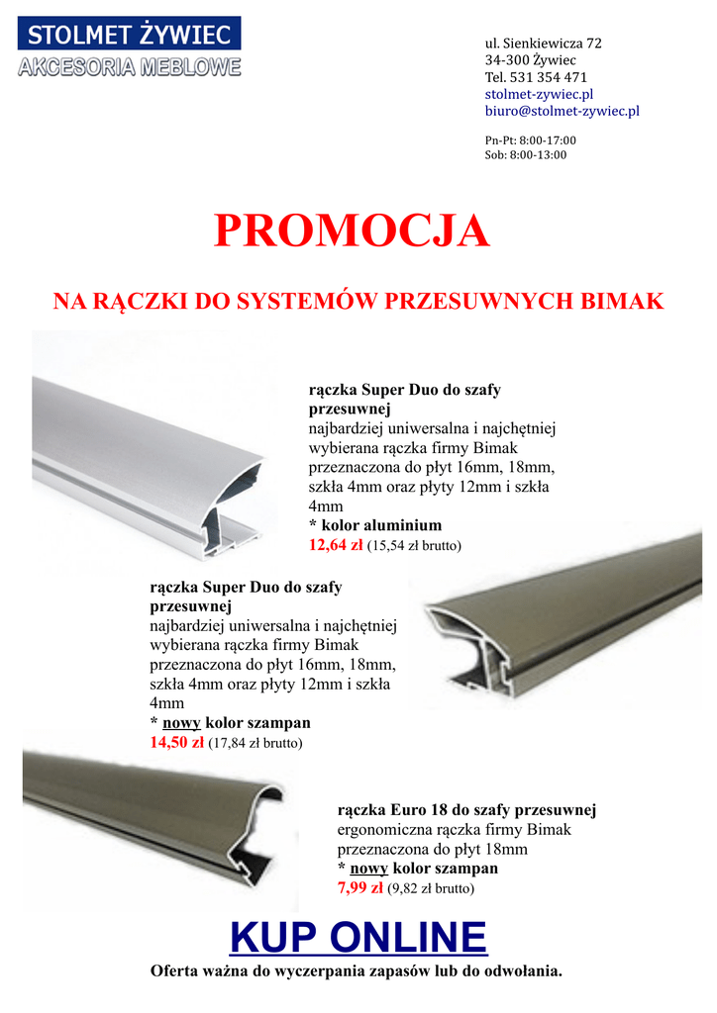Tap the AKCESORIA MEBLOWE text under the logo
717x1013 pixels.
pos(130,68)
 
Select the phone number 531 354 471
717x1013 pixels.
pos(548,77)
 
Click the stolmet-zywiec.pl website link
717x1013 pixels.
pos(539,94)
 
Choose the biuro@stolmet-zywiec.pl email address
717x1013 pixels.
pos(562,111)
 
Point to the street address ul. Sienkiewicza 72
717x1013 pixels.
pos(543,44)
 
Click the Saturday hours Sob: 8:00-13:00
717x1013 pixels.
pos(526,155)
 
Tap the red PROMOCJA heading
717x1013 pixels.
pos(353,231)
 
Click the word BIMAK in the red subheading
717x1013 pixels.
pos(626,302)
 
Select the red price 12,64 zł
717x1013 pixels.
pos(336,544)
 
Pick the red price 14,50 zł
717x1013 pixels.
pos(176,742)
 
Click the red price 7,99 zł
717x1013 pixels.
pos(360,887)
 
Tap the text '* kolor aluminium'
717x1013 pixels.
pos(375,525)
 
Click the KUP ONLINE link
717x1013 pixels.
pos(358,936)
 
